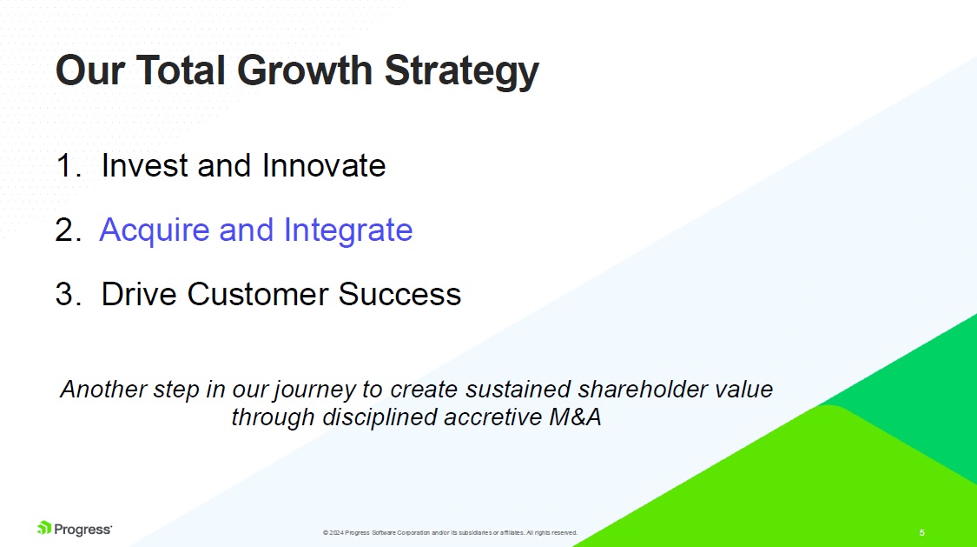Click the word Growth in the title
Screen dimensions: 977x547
[x=305, y=70]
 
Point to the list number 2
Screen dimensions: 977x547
[x=68, y=230]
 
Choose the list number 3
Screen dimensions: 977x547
[x=68, y=295]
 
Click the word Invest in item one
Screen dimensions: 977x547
[x=144, y=166]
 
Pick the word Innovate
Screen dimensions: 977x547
[x=324, y=166]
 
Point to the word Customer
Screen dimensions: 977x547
[x=257, y=294]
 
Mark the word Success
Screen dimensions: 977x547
[x=399, y=294]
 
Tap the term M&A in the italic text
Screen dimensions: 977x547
[x=576, y=417]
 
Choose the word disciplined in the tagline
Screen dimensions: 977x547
[x=380, y=418]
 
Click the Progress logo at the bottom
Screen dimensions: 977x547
[x=74, y=529]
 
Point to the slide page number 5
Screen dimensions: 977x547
[x=922, y=533]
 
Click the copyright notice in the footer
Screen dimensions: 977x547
[x=450, y=533]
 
